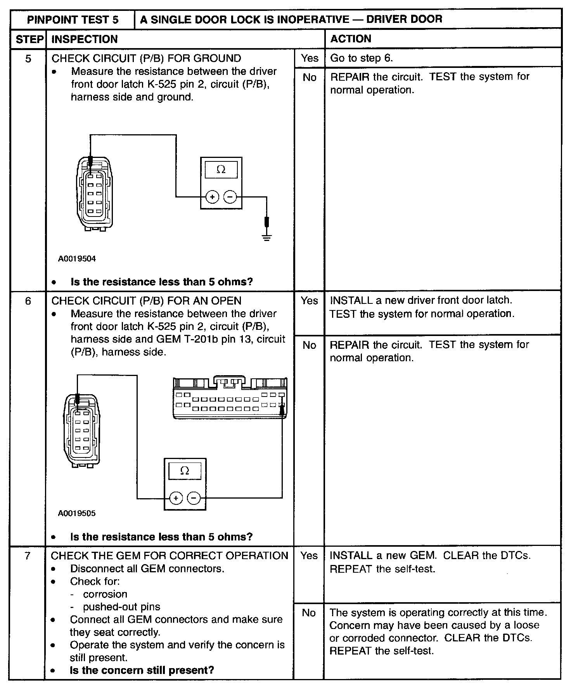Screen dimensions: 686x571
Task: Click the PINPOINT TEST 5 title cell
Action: pos(73,19)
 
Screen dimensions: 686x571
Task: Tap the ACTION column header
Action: pos(351,39)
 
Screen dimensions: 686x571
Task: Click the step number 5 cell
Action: pos(28,59)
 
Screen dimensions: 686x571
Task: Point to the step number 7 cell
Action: pos(27,556)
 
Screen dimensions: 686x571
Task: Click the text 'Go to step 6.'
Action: pos(362,58)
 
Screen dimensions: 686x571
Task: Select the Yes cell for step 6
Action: pos(309,301)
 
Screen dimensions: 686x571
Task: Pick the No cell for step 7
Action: pos(309,613)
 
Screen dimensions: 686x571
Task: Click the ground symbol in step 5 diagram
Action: pos(266,237)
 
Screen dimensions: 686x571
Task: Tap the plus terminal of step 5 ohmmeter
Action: pos(212,197)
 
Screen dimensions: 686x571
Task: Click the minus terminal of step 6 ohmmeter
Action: pos(194,498)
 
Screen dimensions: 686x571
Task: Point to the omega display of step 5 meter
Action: pos(221,170)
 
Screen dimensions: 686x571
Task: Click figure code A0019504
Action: pos(77,259)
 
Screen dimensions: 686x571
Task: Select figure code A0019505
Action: pos(77,513)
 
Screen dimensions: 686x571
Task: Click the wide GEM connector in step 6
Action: pos(230,398)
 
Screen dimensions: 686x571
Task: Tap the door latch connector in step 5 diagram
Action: pos(95,194)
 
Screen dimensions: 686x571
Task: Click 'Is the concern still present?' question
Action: pos(142,670)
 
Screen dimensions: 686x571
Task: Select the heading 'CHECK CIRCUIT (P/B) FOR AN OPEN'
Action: pos(146,301)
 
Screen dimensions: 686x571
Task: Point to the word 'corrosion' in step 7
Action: pos(105,594)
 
